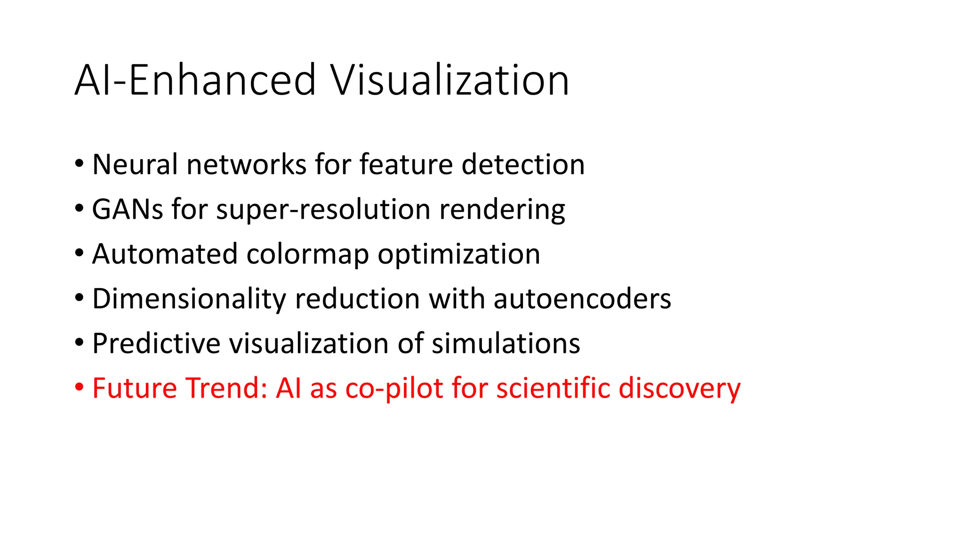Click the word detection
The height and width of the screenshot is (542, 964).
(523, 164)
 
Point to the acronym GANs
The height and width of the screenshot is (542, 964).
(128, 209)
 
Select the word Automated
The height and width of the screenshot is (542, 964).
(165, 254)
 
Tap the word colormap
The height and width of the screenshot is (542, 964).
(307, 254)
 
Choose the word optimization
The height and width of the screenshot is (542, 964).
(458, 254)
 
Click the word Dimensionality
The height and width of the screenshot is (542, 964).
(189, 298)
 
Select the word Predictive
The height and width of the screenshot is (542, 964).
(156, 343)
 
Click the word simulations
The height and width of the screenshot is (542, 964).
(506, 343)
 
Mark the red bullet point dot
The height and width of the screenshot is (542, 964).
(79, 388)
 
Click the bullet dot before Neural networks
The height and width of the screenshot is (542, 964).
(79, 164)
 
